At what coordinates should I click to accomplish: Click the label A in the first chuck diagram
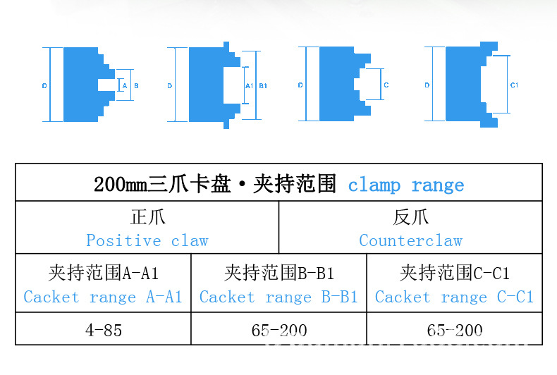click(124, 85)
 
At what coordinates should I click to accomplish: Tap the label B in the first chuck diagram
click(136, 85)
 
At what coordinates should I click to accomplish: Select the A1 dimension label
click(249, 85)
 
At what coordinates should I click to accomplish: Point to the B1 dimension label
click(263, 85)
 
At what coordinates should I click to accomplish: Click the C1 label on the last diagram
click(514, 85)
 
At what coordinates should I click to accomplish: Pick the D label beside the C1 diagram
click(427, 85)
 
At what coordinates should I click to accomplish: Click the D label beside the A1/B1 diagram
click(170, 85)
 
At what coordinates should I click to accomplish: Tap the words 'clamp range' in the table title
click(406, 185)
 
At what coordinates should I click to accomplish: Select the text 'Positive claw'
click(147, 240)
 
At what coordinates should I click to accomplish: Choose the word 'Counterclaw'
click(410, 240)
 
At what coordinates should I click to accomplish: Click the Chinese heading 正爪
click(147, 218)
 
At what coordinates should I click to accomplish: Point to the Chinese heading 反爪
click(410, 218)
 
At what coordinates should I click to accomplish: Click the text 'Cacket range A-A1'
click(103, 297)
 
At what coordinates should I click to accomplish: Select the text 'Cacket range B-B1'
click(278, 297)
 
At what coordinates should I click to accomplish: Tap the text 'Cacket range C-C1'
click(454, 297)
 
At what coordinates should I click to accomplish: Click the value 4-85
click(103, 330)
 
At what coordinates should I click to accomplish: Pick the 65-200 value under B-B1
click(278, 330)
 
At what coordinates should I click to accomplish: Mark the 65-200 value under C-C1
click(454, 330)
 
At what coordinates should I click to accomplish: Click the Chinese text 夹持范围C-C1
click(454, 273)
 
